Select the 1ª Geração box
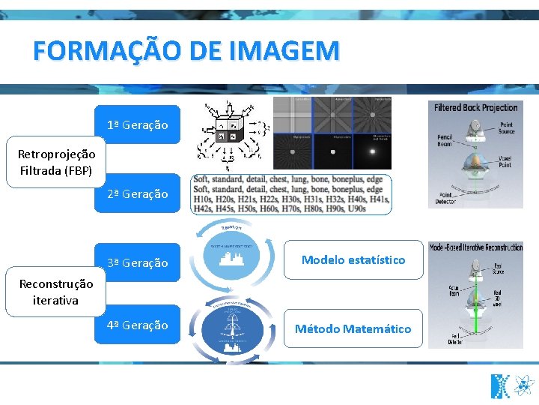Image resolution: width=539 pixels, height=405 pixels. [137, 124]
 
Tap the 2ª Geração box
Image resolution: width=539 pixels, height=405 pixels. [137, 193]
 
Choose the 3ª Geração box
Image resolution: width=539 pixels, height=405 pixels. [137, 262]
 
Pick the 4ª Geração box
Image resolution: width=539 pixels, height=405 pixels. [137, 325]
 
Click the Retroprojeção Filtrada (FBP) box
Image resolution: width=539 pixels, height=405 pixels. [57, 162]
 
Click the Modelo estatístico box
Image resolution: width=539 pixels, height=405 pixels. [353, 259]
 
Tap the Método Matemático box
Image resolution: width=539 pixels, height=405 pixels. [353, 328]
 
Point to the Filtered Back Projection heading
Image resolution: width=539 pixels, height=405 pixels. [475, 108]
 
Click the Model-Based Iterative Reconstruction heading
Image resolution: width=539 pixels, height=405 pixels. [475, 247]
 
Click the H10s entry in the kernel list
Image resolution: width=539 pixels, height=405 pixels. [202, 199]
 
